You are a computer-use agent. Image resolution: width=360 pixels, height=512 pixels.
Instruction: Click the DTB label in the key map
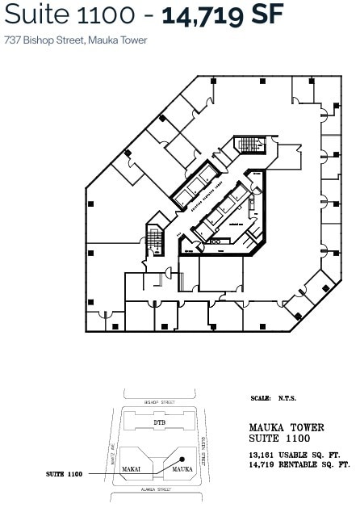(x=160, y=422)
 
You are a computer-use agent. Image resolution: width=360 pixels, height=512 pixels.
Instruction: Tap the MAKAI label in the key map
(x=132, y=468)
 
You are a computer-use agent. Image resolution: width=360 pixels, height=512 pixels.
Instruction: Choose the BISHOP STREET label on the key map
(x=160, y=401)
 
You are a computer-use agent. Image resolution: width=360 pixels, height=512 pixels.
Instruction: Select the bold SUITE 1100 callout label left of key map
(x=65, y=473)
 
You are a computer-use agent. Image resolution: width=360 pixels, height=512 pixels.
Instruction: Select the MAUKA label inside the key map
(x=182, y=468)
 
